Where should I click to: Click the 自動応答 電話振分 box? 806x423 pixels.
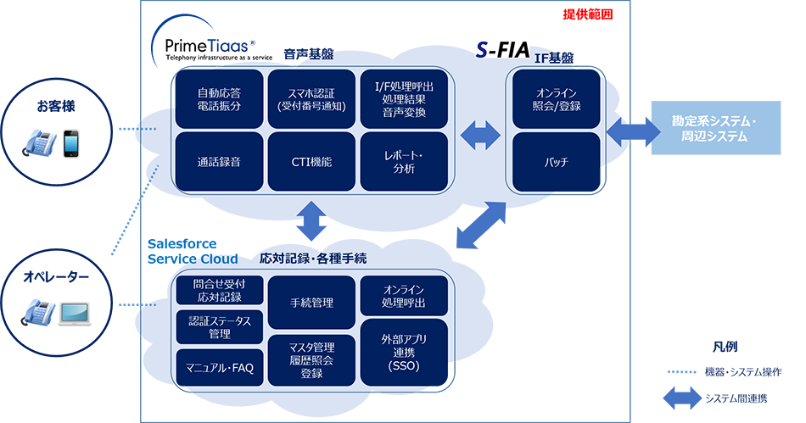pos(219,99)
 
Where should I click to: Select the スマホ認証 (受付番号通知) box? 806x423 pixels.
pos(311,99)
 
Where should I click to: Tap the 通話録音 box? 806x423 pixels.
pos(219,161)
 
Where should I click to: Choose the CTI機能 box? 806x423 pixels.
pos(311,161)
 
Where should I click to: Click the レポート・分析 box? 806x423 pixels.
pos(404,161)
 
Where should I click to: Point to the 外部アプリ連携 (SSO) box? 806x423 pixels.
pos(404,352)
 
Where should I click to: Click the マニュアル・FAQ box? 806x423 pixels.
pos(219,367)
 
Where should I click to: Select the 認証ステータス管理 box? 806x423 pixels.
pos(219,328)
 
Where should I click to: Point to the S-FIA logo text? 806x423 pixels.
pos(502,50)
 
